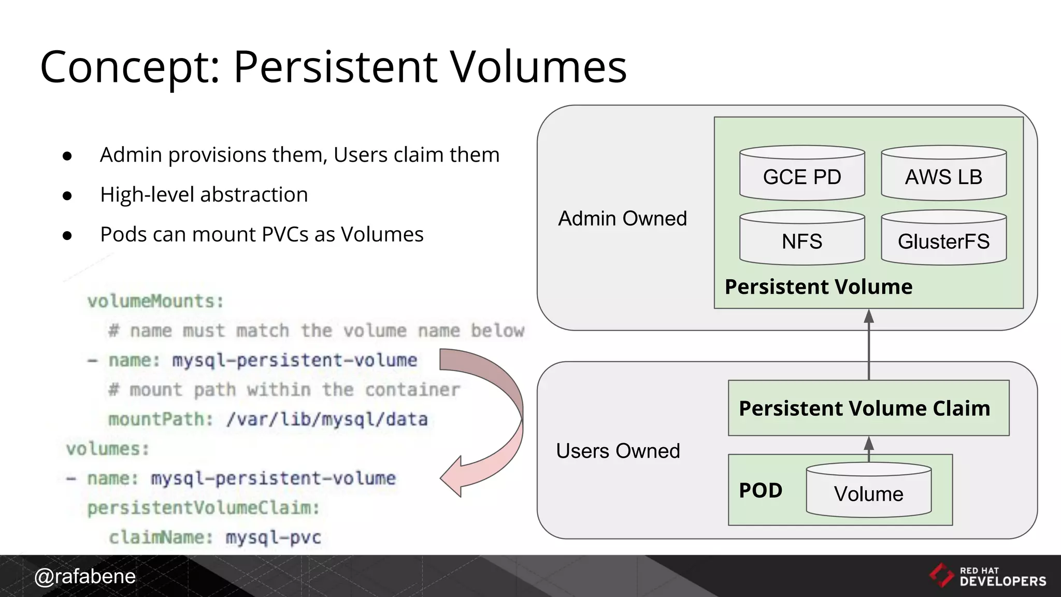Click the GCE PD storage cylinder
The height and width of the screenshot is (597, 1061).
point(801,174)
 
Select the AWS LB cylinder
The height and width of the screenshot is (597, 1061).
point(943,174)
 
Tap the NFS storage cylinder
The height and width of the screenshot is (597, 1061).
point(801,239)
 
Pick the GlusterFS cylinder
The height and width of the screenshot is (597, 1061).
point(943,239)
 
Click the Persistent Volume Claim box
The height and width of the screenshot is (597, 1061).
point(868,408)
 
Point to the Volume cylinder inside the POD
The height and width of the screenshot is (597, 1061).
point(868,491)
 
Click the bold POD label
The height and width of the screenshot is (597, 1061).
point(760,490)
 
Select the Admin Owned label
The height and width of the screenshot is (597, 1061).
point(622,219)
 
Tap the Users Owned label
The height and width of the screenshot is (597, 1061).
point(618,451)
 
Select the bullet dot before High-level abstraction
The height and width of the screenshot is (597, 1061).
point(67,195)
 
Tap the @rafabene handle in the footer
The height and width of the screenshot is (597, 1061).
point(84,576)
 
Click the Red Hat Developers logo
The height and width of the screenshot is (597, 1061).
point(987,576)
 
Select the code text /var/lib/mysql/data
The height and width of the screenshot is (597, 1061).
point(327,419)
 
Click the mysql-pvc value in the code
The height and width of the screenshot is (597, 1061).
point(273,537)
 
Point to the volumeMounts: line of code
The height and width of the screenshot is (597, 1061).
point(155,301)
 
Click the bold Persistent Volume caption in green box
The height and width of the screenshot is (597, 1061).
point(818,287)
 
